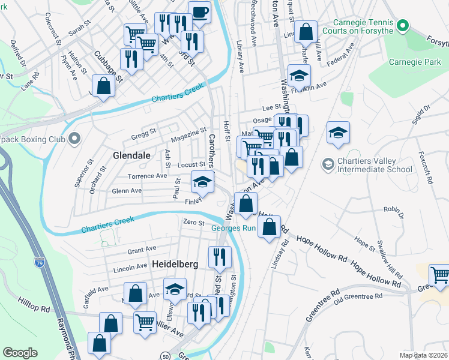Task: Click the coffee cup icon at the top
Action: (x=199, y=11)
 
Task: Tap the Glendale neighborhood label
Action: (x=131, y=155)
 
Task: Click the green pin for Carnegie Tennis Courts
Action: (x=403, y=26)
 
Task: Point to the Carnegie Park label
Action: (x=414, y=62)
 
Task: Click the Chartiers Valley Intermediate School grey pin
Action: (x=328, y=163)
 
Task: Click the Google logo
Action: (x=20, y=352)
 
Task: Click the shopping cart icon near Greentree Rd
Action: (x=439, y=275)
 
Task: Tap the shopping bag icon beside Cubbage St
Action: (x=103, y=86)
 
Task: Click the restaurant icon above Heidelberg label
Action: (x=220, y=257)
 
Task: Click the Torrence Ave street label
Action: (x=147, y=176)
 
